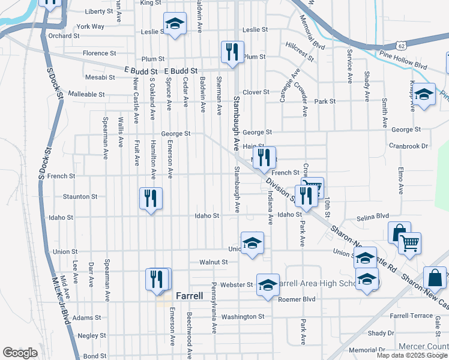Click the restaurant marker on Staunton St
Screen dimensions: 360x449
click(151, 199)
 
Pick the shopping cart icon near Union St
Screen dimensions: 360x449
click(409, 244)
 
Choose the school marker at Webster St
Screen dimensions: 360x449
click(268, 284)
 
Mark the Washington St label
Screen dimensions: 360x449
click(243, 316)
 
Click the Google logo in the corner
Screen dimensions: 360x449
click(20, 353)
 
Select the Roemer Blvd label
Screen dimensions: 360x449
click(297, 298)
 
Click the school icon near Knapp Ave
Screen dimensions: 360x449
click(424, 95)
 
